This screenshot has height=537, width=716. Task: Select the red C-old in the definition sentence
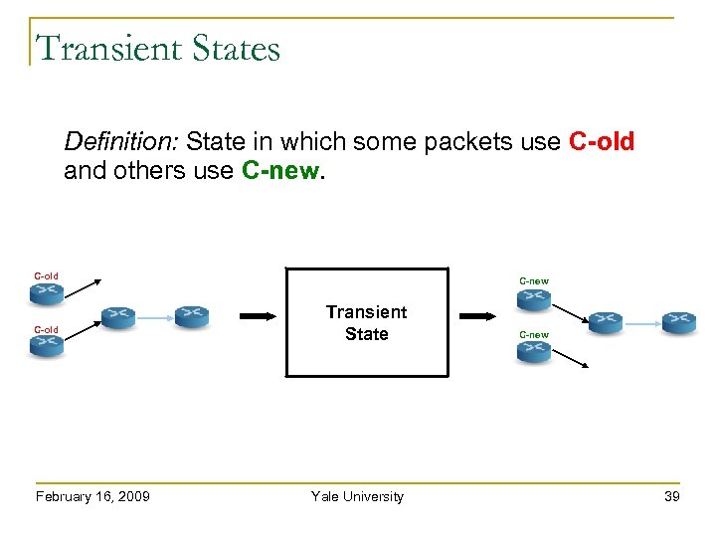coord(601,142)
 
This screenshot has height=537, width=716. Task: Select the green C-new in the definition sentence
coord(280,171)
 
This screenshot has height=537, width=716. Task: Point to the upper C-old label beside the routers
coord(46,276)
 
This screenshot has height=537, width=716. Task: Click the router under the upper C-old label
coord(46,292)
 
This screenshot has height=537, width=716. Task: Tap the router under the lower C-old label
coord(46,346)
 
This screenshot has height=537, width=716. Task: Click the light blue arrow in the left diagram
coord(154,317)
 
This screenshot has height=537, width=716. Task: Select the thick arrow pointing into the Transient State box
coord(257,316)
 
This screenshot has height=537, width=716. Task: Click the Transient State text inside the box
coord(366,323)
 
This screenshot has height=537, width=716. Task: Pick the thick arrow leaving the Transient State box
coord(477,316)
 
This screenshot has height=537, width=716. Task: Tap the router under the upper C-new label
coord(533,298)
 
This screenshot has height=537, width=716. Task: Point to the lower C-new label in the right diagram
coord(533,335)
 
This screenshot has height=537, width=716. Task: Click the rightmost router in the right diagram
coord(679,321)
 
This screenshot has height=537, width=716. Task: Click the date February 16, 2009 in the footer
coord(91,496)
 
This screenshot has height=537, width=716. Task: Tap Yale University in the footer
coord(357,496)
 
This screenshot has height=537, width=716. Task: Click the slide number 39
coord(672,496)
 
